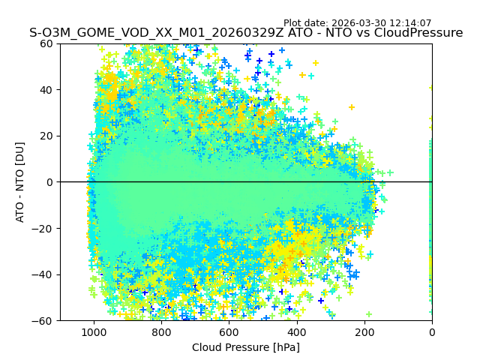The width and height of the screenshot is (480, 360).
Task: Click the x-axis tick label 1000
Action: tap(94, 332)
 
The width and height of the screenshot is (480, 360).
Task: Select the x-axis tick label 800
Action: tap(161, 332)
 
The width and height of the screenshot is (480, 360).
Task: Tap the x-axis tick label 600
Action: tap(229, 332)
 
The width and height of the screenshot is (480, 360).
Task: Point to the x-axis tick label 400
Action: tap(296, 332)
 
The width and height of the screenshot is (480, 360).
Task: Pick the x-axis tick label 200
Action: tap(364, 332)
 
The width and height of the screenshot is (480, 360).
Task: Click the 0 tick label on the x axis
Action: tap(432, 332)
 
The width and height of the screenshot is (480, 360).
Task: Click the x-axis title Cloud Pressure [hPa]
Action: tap(246, 347)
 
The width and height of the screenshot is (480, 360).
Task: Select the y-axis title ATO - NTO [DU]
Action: tap(20, 182)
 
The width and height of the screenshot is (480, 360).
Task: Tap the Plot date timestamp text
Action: tap(358, 23)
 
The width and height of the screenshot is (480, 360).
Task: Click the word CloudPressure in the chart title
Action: tap(415, 33)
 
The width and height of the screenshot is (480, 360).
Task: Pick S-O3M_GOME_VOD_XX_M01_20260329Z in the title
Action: tap(156, 33)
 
